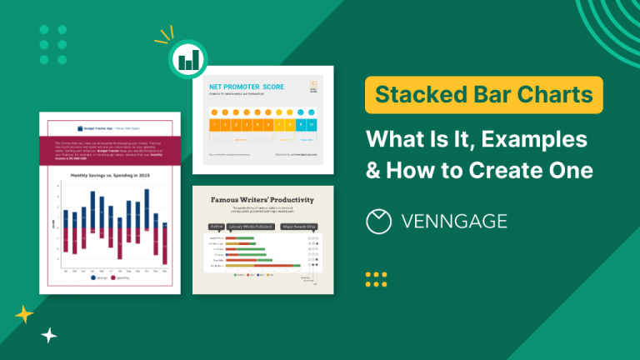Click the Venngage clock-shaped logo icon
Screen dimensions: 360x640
pyautogui.click(x=380, y=221)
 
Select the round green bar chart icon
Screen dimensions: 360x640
pyautogui.click(x=192, y=59)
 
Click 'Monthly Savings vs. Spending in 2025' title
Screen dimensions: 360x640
pyautogui.click(x=110, y=176)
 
